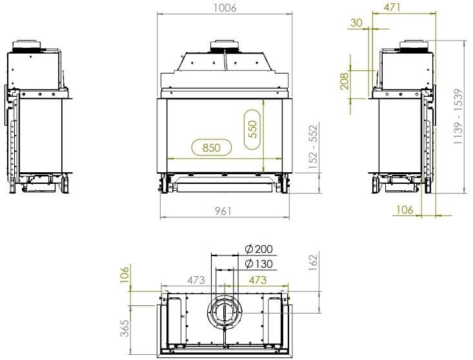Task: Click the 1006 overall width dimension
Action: point(223,8)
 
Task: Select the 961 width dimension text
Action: point(223,211)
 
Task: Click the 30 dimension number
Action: point(356,23)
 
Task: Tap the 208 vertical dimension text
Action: point(343,81)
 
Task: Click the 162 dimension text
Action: point(313,263)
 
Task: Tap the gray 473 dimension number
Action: point(196,279)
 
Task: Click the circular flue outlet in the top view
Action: point(223,313)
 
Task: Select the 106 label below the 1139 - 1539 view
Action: point(404,210)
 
